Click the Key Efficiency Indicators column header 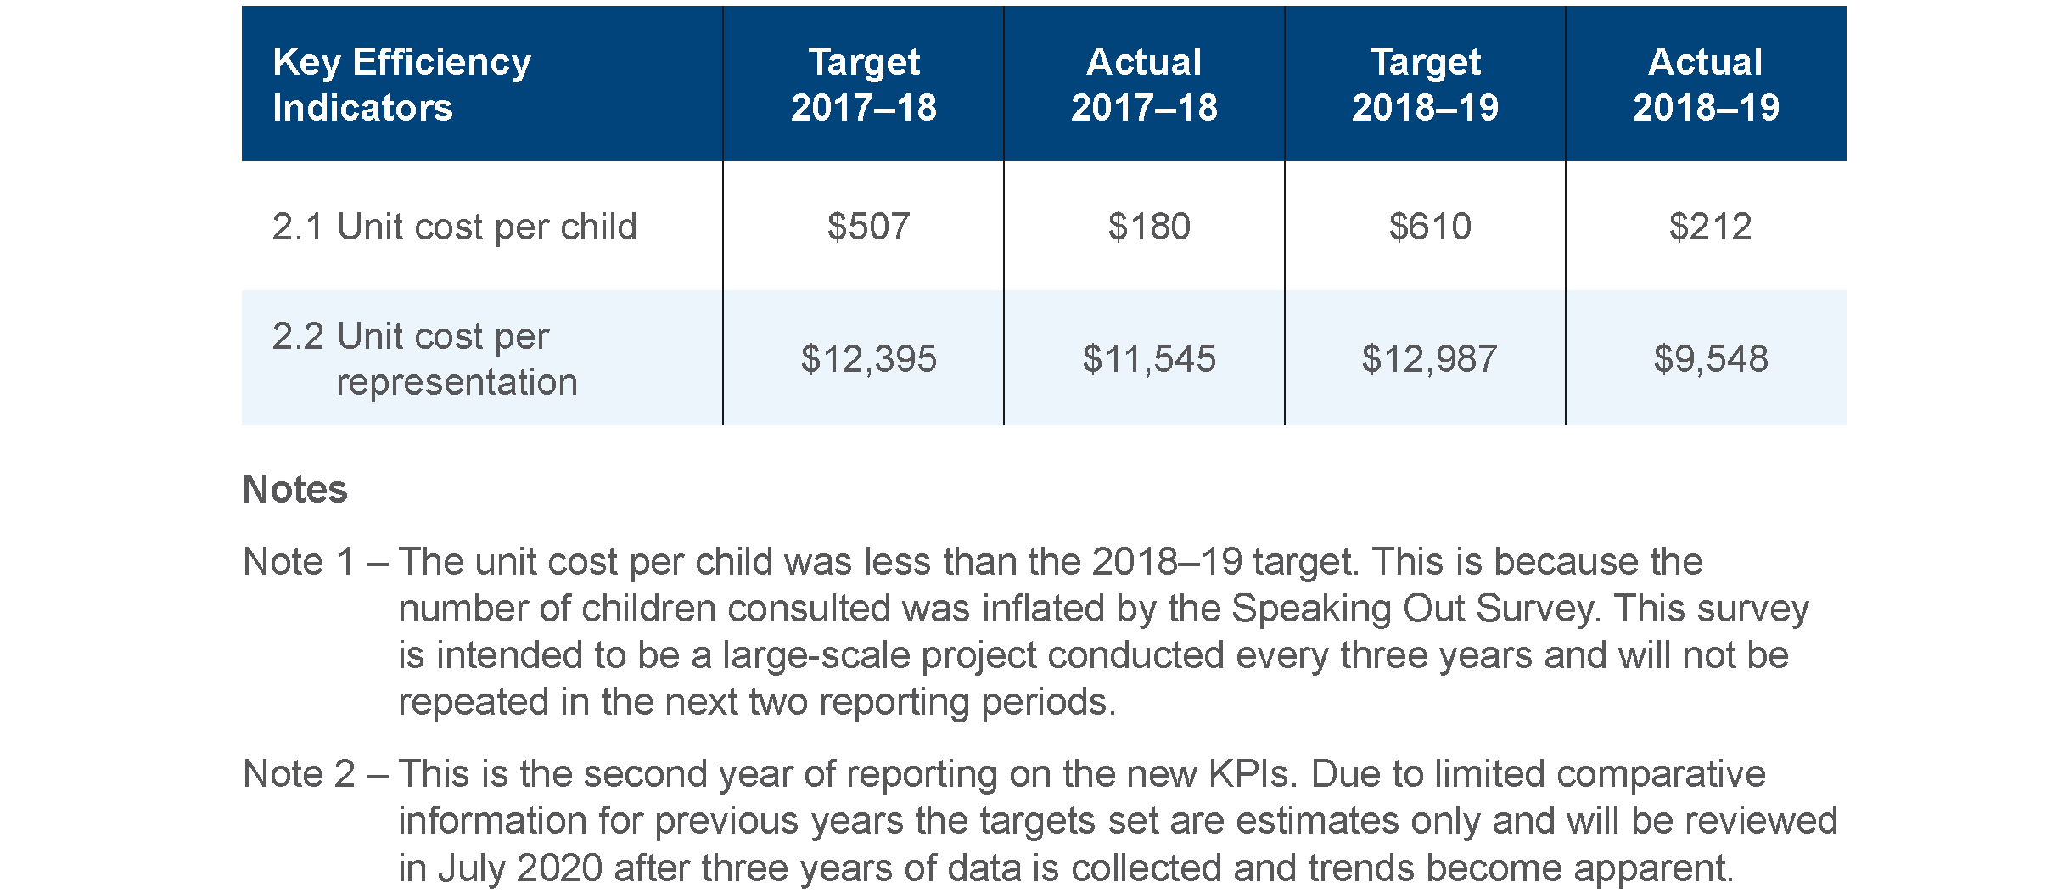[x=401, y=84]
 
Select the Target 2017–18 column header [x=864, y=84]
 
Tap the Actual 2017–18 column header [x=1144, y=84]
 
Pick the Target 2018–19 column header [x=1425, y=84]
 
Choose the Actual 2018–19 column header [x=1706, y=84]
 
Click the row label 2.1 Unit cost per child [x=454, y=227]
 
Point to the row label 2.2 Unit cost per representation [x=424, y=359]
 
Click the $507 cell [x=868, y=227]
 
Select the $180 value [x=1149, y=227]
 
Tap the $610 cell [x=1430, y=227]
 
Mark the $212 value [x=1710, y=227]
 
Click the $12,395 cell [x=868, y=359]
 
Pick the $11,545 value [x=1149, y=359]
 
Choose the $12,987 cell [x=1430, y=359]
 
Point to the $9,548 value [x=1711, y=359]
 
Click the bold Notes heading [x=295, y=490]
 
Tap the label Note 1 [x=299, y=562]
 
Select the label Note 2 [x=299, y=774]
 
